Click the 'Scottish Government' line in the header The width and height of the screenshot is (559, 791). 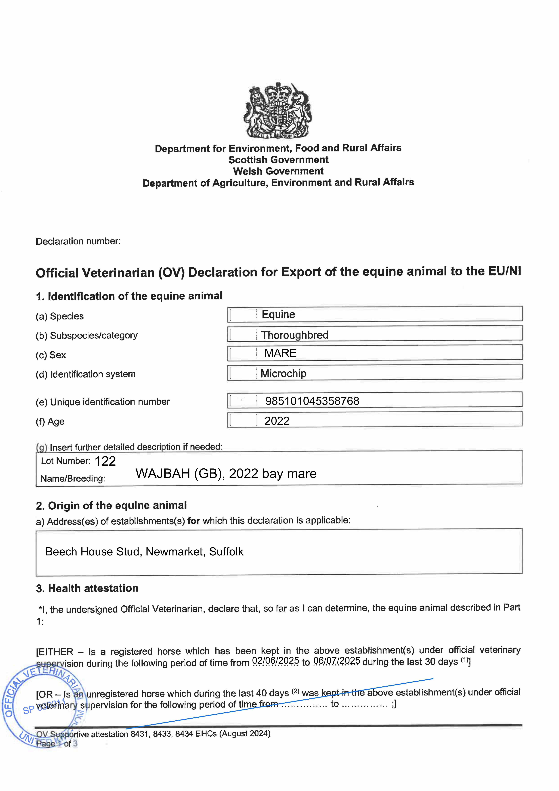(278, 160)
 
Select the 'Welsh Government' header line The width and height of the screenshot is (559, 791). (278, 171)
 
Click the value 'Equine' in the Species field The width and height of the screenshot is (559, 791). (278, 315)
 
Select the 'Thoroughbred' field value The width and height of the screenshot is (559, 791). (295, 335)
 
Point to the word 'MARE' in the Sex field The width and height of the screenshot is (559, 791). (280, 353)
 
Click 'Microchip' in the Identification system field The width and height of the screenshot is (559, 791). (284, 374)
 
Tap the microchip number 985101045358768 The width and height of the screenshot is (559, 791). (312, 401)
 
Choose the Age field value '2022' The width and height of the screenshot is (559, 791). (277, 421)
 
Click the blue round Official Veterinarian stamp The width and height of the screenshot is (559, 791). (43, 706)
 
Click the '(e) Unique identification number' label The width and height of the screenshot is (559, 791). (103, 402)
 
